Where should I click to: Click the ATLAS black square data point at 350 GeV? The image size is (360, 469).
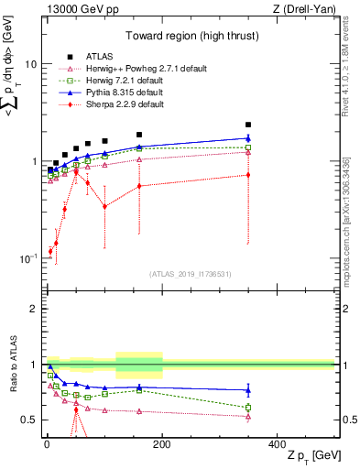(x=247, y=125)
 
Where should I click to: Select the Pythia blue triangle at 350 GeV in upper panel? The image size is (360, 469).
(x=247, y=138)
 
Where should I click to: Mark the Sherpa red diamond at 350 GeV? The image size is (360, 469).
(x=247, y=174)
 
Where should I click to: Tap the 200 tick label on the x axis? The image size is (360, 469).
(x=162, y=443)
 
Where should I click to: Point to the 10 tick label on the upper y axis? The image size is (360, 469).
(x=31, y=65)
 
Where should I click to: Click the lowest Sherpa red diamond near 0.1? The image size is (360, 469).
(x=50, y=250)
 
